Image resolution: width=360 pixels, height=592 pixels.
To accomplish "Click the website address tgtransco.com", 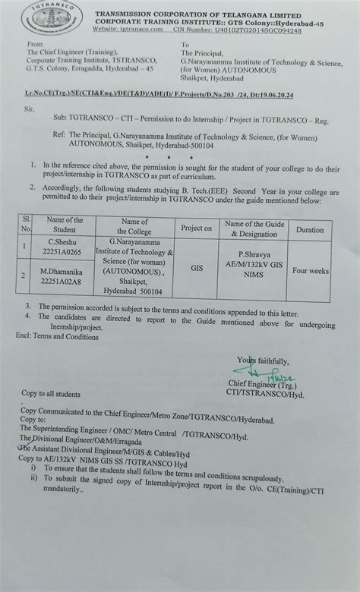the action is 141,30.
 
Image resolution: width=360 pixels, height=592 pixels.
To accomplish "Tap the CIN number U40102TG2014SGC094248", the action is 258,30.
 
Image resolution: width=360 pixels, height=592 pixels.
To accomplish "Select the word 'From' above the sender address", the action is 35,45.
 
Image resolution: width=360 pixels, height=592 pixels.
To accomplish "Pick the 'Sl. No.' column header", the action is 27,225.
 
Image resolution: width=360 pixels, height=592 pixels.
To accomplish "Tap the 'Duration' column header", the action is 309,227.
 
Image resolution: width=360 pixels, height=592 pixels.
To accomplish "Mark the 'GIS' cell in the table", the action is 197,267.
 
